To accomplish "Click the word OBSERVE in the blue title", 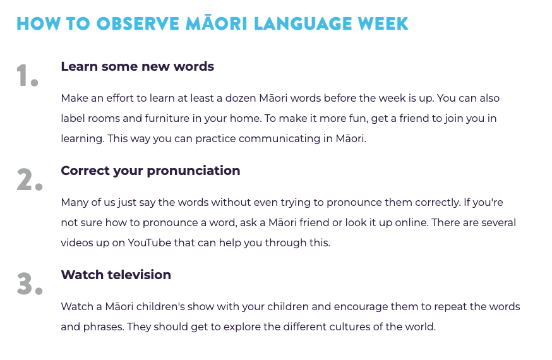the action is [x=138, y=23].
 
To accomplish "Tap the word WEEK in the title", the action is [x=383, y=23].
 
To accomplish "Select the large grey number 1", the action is [x=27, y=75].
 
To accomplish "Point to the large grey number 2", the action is [x=30, y=179].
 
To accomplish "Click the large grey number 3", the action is [x=30, y=284].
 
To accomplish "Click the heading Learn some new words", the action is [x=137, y=66].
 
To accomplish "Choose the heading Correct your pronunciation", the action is [x=150, y=171].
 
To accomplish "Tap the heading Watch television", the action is [x=116, y=275].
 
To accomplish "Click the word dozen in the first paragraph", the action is [x=241, y=98].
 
